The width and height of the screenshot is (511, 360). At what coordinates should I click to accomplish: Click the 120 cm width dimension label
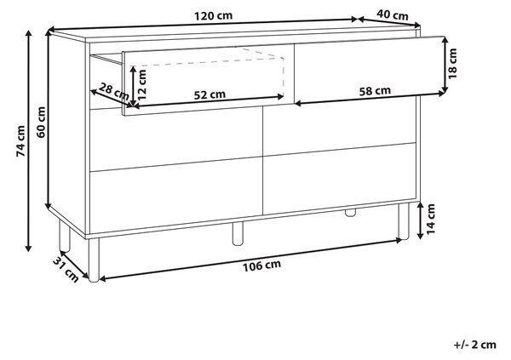coord(214,15)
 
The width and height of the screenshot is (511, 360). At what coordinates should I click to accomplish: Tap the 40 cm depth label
coord(393,14)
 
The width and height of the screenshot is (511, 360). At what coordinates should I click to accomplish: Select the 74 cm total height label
coord(20,140)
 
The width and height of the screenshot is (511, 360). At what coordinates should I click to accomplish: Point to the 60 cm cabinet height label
coord(42,123)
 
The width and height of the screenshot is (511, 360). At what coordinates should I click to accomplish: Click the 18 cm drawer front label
coord(452,64)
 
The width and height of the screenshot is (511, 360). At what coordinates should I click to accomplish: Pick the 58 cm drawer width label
coord(375,91)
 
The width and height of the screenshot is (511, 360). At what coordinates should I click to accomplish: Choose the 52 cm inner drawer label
coord(210,94)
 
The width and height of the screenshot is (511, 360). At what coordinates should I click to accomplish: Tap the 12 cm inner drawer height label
coord(141,85)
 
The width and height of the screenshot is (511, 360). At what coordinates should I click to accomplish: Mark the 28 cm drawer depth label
coord(114,92)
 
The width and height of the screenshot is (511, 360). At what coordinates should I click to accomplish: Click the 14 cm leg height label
coord(430,219)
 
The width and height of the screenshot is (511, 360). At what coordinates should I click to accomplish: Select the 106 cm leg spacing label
coord(261,266)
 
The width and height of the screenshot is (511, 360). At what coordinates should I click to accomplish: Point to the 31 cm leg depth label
coord(66,269)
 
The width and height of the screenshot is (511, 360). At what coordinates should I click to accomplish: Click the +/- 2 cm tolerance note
coord(475,345)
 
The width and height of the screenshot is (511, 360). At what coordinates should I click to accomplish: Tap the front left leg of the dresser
coord(94,260)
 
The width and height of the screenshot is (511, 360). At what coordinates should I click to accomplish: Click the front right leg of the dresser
coord(404,221)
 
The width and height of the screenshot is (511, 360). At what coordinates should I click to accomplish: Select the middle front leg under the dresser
coord(238,233)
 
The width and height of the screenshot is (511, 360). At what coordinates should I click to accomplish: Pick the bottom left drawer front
coord(176,196)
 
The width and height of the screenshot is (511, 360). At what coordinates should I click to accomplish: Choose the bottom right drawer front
coord(339,179)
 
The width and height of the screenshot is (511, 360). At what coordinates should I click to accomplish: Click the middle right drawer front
coord(339,128)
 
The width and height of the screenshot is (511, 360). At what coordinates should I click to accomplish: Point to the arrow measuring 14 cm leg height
coord(421,220)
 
